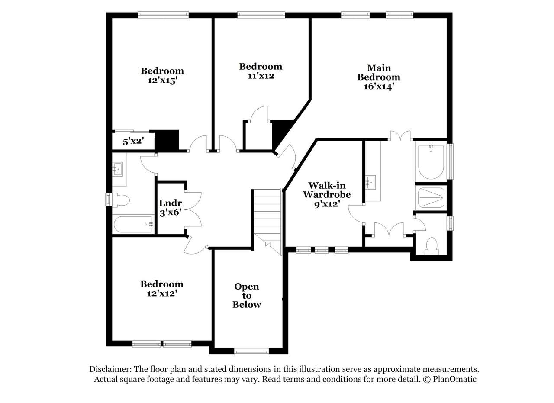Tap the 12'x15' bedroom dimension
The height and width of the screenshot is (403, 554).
point(162,81)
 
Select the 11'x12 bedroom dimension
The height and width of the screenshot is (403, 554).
point(261,76)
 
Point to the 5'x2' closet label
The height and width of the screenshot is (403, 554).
point(134,142)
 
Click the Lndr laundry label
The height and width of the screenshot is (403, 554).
point(171,203)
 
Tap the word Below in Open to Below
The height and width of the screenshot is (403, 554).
point(247,305)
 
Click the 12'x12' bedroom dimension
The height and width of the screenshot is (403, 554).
point(162,293)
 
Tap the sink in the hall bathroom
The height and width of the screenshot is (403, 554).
point(117,169)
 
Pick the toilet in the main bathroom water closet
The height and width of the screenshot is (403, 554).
point(432,246)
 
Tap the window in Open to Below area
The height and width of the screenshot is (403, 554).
point(251,351)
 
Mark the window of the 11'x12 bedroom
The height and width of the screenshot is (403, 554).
point(261,15)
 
